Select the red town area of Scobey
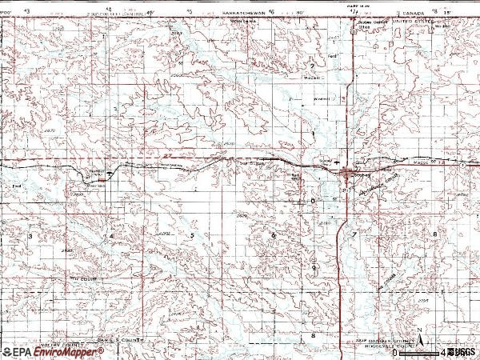pos(346,171)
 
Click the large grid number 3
pos(31,237)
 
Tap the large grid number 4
pos(111,237)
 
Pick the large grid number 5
pos(192,236)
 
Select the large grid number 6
pos(273,235)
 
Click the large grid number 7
pos(354,234)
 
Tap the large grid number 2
pos(312,66)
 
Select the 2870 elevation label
pos(50,130)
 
